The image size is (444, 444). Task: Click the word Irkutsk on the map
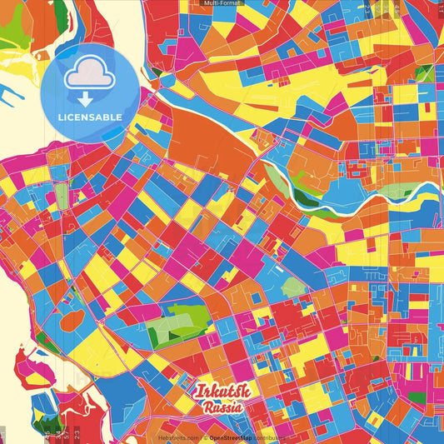click(218, 392)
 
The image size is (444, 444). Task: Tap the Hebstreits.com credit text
click(178, 437)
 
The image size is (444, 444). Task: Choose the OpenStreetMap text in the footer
click(232, 437)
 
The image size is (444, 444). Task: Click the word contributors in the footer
click(272, 437)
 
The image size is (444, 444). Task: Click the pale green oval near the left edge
click(61, 197)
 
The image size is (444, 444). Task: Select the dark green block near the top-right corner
click(424, 73)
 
